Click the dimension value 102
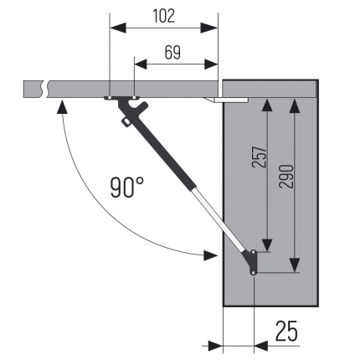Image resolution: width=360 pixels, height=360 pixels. [x=164, y=16]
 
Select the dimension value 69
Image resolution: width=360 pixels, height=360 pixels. [x=172, y=52]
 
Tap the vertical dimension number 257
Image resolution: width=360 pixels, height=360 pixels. [x=260, y=157]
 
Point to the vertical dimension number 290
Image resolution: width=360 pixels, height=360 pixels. [x=286, y=177]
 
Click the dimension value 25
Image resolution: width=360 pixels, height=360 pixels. [x=286, y=331]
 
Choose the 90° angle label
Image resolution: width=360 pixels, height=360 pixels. [x=127, y=188]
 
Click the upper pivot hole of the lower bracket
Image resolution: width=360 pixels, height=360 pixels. [x=254, y=252]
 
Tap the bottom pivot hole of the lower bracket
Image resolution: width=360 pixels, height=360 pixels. [x=253, y=273]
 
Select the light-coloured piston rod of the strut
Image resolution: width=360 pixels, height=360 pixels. [x=219, y=219]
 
